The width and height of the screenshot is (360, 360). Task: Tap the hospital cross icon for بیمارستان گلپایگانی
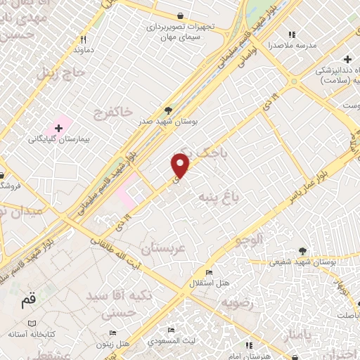(59, 129)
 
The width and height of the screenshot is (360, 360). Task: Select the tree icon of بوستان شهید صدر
(167, 110)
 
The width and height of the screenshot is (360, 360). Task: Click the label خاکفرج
(112, 110)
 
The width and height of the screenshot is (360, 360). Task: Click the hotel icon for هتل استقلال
(209, 273)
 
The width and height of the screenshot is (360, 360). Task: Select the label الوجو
(251, 240)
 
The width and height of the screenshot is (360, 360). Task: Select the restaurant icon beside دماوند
(83, 39)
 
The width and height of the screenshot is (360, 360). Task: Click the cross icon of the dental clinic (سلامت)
(347, 59)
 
